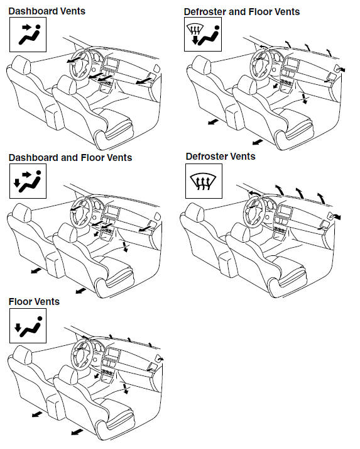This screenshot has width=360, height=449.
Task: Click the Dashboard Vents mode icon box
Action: click(28, 35)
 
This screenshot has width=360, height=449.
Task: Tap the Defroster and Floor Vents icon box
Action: click(203, 35)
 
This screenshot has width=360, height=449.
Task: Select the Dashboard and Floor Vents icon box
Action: click(28, 181)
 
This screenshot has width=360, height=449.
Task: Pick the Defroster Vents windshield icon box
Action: click(204, 181)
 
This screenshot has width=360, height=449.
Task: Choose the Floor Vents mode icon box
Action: click(28, 326)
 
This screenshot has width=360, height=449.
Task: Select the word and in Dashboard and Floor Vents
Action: click(70, 158)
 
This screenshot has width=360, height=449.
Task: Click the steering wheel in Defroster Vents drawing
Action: click(254, 213)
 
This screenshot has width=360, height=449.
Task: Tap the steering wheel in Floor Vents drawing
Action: click(82, 354)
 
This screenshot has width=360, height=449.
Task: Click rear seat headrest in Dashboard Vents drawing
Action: click(21, 64)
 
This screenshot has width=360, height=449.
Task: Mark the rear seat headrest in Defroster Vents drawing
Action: click(195, 212)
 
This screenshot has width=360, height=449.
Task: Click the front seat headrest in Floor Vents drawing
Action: click(68, 375)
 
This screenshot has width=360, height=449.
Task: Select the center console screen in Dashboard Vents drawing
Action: click(112, 64)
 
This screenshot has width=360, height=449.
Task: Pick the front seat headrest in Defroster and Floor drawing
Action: click(248, 85)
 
